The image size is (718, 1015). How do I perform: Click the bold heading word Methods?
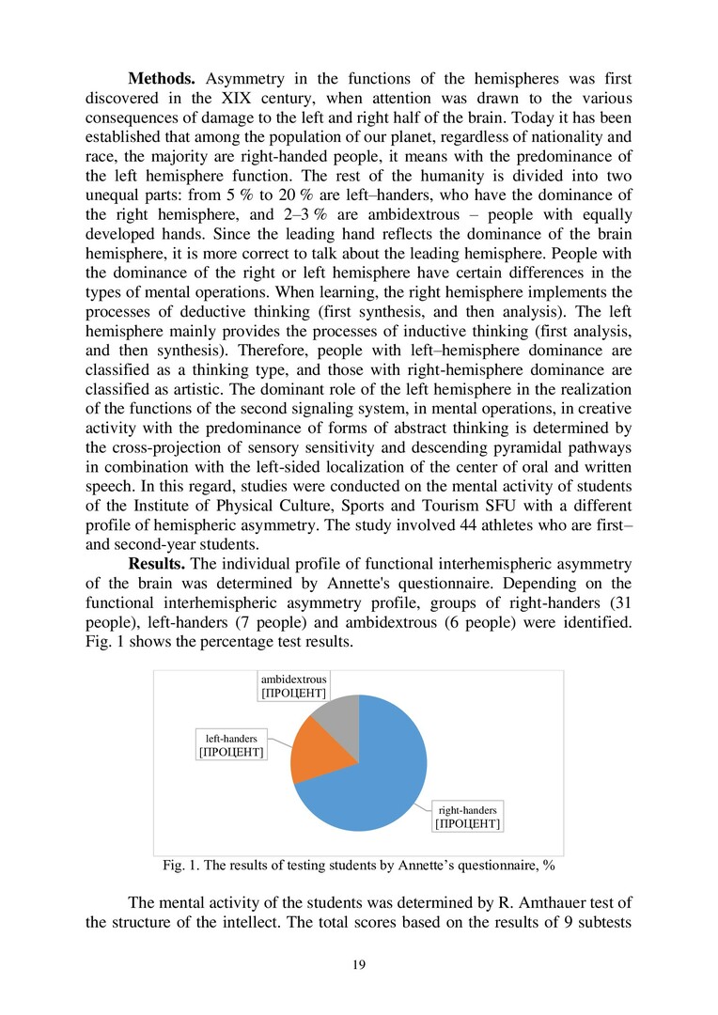coord(162,76)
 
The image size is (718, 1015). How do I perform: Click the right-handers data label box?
coord(466,816)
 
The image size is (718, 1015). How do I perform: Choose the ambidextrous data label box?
coord(293,685)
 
